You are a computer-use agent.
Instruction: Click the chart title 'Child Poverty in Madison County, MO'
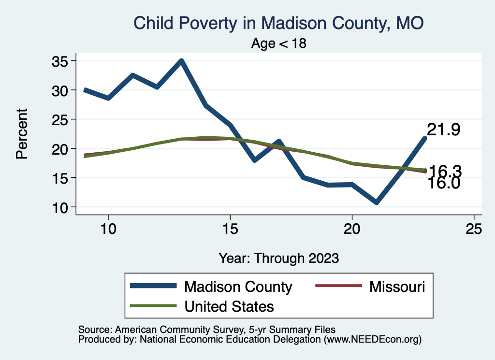pos(278,23)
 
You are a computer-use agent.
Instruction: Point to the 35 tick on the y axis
pos(60,61)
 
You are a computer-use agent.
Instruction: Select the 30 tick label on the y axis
pos(60,90)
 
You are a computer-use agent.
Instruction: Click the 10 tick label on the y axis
pos(60,207)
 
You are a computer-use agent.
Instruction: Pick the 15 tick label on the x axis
pos(230,229)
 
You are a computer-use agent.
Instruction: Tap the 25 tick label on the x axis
pos(474,229)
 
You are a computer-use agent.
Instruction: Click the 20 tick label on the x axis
pos(352,229)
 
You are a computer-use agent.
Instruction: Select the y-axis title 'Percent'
pos(21,134)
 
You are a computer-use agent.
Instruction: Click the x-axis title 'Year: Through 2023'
pos(278,258)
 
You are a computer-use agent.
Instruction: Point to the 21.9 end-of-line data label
pos(443,130)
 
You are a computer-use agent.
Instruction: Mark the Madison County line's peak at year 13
pos(181,61)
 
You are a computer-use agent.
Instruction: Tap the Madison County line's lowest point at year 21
pos(376,202)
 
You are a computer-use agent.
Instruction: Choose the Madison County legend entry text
pos(238,287)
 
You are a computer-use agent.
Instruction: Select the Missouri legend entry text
pos(397,287)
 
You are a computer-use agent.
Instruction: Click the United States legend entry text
pos(229,306)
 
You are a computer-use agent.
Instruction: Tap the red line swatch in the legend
pos(338,286)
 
